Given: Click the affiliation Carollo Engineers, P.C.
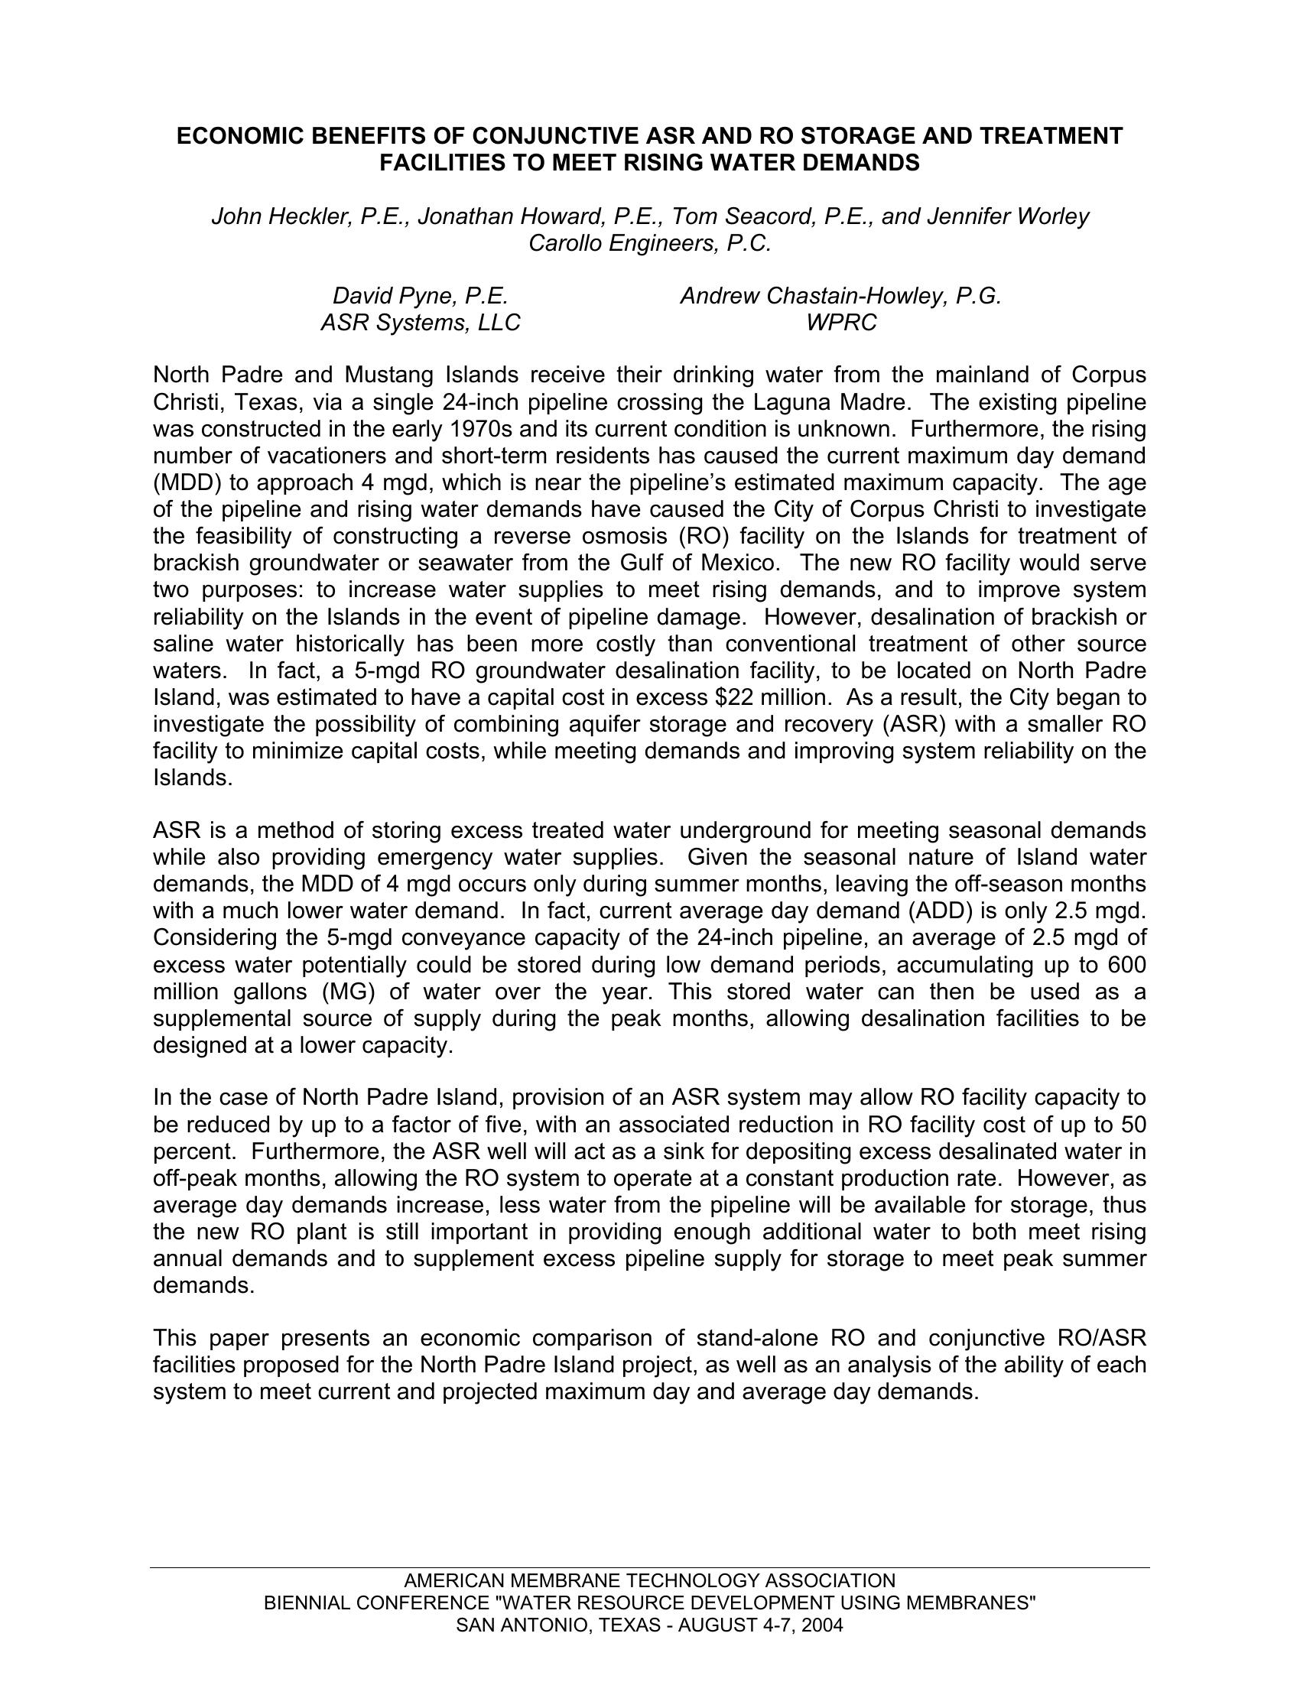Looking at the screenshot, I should [x=649, y=243].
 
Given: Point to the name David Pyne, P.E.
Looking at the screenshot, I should [x=420, y=296].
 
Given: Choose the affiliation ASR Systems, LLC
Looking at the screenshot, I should [x=420, y=323].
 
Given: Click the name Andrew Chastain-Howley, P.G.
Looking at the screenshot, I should [x=840, y=296].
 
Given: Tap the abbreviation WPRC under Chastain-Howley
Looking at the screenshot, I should [x=840, y=323].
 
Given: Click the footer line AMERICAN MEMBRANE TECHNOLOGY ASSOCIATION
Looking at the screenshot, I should [x=649, y=1581].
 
